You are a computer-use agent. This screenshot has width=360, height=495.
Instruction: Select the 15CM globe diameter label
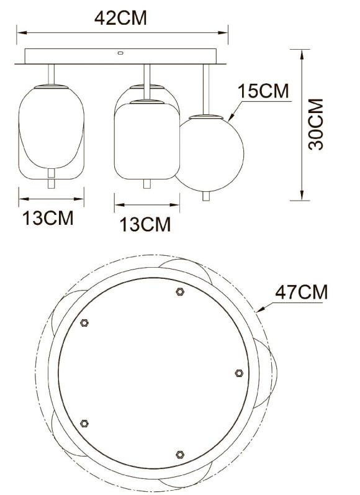click(x=263, y=91)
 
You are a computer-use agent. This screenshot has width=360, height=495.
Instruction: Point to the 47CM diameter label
click(x=302, y=291)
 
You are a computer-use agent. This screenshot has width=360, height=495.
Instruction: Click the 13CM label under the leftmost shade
click(x=48, y=218)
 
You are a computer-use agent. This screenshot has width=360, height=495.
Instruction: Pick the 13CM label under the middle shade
click(x=145, y=224)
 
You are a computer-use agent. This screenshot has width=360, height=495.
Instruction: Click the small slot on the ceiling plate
click(x=120, y=54)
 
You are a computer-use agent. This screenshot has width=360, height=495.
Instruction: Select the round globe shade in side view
click(x=209, y=152)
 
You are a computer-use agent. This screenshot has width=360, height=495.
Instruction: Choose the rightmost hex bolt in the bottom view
click(x=239, y=373)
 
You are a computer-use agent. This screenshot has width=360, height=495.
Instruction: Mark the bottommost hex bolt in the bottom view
click(x=180, y=455)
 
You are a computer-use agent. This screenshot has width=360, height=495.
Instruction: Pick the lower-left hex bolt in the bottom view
click(x=84, y=423)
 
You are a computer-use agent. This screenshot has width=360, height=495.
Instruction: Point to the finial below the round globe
click(x=205, y=196)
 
